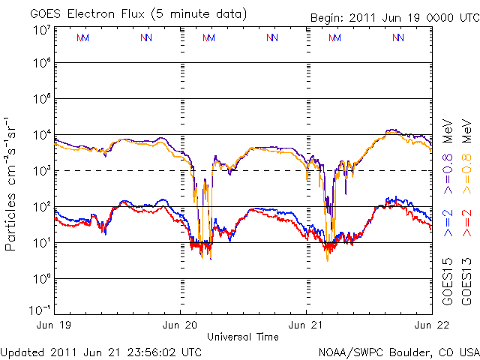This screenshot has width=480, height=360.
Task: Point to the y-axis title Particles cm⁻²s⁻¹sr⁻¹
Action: (13, 183)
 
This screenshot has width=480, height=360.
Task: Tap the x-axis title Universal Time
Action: (243, 337)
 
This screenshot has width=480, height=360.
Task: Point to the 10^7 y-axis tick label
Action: (42, 31)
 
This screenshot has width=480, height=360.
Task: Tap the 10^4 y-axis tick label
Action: (42, 135)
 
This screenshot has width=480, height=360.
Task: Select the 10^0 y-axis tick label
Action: (42, 278)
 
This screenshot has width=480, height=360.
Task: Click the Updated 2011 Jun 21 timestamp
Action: (101, 352)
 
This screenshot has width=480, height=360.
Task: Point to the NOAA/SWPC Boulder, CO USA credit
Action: (398, 352)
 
